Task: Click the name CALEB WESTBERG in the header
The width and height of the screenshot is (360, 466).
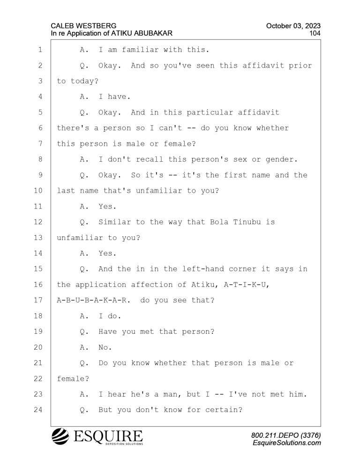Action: point(83,26)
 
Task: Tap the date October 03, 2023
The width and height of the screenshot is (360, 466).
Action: point(293,26)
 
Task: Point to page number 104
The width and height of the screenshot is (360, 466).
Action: point(315,33)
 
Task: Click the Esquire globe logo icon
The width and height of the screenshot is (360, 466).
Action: point(60,436)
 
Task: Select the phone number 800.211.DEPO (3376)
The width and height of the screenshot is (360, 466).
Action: point(286,436)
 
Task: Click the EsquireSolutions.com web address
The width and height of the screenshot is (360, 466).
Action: point(287,443)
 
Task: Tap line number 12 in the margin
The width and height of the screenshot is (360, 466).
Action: point(38,222)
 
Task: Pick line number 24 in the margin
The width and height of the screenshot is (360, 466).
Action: point(38,410)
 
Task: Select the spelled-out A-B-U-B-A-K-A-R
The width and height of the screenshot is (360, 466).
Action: point(93,300)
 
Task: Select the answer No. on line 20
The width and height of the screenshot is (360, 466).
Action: point(105,347)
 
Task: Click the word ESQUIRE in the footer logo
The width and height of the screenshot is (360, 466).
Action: point(108,436)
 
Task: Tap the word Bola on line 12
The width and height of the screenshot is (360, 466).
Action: point(219,222)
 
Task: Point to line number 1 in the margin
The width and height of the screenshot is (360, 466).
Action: point(40,50)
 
